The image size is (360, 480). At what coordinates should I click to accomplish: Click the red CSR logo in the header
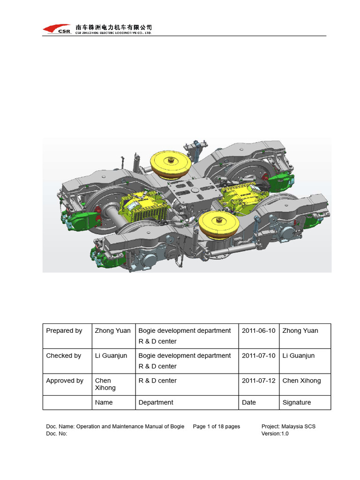pyautogui.click(x=57, y=29)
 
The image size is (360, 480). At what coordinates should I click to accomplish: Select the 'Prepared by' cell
pyautogui.click(x=64, y=331)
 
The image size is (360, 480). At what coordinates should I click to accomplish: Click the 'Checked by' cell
pyautogui.click(x=64, y=356)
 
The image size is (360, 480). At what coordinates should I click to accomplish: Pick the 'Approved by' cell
pyautogui.click(x=65, y=381)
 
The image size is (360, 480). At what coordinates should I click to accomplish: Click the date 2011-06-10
pyautogui.click(x=258, y=331)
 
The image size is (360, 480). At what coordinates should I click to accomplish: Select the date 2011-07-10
pyautogui.click(x=258, y=356)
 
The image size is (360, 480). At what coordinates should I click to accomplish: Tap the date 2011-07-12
pyautogui.click(x=258, y=381)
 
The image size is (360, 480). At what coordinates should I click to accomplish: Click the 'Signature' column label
pyautogui.click(x=297, y=402)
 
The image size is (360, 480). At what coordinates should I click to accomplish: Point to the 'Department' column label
pyautogui.click(x=156, y=402)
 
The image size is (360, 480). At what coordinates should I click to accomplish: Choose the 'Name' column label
pyautogui.click(x=104, y=402)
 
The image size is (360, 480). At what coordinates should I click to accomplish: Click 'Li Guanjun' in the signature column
pyautogui.click(x=299, y=356)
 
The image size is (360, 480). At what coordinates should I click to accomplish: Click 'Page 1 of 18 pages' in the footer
pyautogui.click(x=216, y=427)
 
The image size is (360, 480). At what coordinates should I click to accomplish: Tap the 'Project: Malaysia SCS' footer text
pyautogui.click(x=288, y=427)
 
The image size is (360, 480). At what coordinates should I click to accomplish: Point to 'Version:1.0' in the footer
pyautogui.click(x=275, y=434)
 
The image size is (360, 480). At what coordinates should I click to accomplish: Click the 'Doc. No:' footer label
pyautogui.click(x=57, y=434)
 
